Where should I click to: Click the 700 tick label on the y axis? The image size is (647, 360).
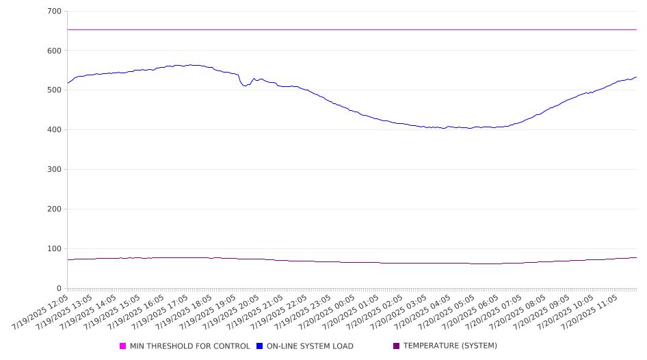(55, 11)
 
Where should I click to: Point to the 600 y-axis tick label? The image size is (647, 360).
(55, 51)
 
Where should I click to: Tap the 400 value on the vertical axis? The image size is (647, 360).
(55, 129)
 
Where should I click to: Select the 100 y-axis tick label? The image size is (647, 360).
(55, 249)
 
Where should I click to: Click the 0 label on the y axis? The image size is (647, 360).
(59, 289)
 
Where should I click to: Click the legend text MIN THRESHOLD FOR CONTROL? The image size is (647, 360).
(190, 346)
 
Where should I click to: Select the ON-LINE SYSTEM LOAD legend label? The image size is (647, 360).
(310, 346)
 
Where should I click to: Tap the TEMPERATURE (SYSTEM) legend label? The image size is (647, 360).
(450, 346)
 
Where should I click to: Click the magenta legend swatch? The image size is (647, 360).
(122, 346)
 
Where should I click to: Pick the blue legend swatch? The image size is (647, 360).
(259, 346)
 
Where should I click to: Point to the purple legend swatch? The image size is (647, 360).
(397, 346)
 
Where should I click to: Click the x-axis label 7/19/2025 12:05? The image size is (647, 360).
(40, 312)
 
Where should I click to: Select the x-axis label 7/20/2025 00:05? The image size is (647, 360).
(327, 312)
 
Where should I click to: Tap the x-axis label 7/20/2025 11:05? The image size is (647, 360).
(590, 312)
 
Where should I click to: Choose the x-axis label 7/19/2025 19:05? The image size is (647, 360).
(207, 312)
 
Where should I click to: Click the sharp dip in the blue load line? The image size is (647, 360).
(244, 86)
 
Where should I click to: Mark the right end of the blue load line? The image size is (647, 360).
(636, 77)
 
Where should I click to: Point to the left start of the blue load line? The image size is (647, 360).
(67, 83)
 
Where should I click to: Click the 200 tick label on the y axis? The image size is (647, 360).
(55, 209)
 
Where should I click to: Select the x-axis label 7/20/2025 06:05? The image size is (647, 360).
(470, 312)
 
